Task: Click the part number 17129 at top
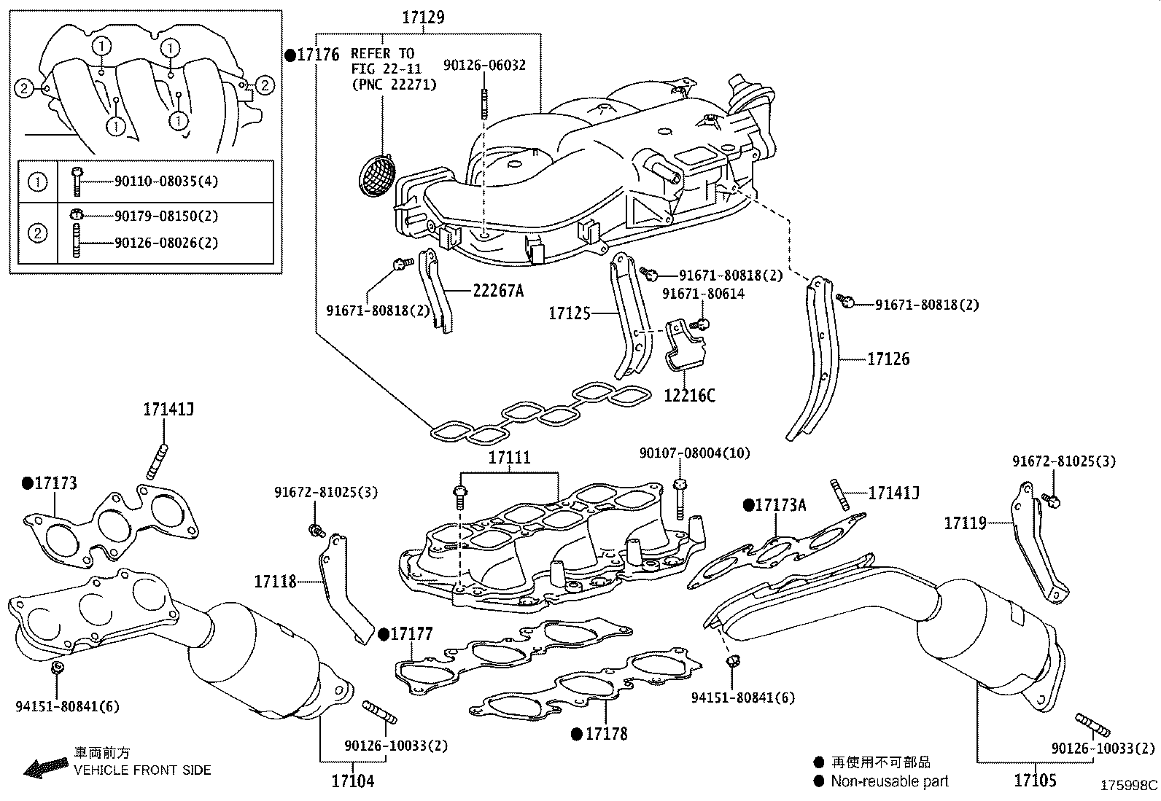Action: (x=423, y=17)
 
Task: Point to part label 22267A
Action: (x=498, y=291)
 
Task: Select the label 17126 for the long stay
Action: (x=888, y=359)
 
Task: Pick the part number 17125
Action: (x=569, y=313)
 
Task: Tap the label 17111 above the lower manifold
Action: (x=509, y=458)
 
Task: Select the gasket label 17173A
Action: (x=780, y=505)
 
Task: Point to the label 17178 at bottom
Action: (x=606, y=734)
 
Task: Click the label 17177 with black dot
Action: (x=411, y=633)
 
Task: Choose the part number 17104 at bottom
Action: (x=353, y=781)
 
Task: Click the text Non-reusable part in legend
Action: (x=890, y=781)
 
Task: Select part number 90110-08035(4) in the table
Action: (x=166, y=181)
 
